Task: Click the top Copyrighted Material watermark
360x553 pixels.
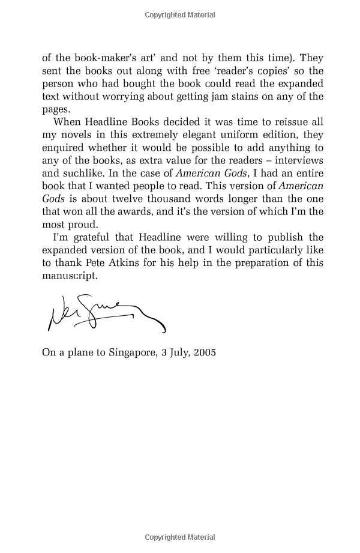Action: [x=180, y=14]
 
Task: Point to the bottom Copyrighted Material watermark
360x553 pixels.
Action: [x=180, y=539]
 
